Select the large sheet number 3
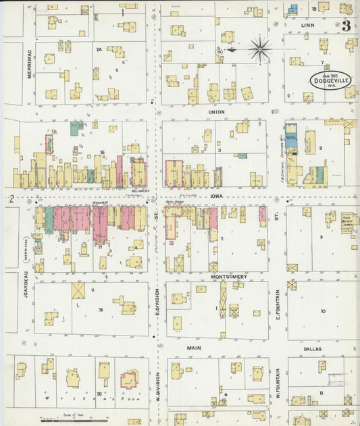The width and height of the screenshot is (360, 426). click(x=346, y=26)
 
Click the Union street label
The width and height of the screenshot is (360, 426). click(x=216, y=111)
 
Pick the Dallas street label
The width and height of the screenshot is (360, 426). click(x=312, y=349)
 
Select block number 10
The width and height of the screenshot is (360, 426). click(x=322, y=311)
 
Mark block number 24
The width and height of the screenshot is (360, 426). click(x=99, y=49)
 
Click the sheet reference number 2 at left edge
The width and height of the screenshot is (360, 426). click(x=11, y=198)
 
